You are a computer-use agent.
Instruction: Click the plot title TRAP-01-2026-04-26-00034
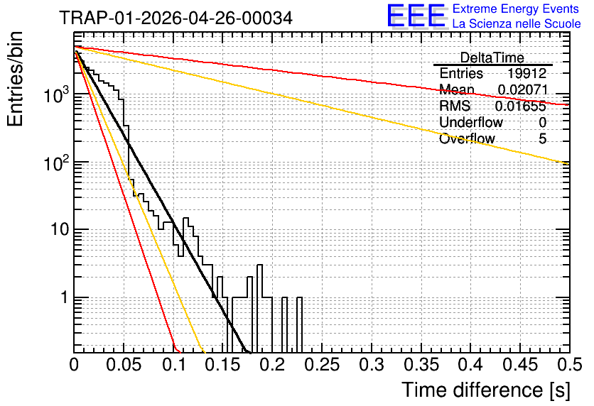click(175, 18)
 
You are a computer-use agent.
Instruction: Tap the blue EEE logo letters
click(416, 16)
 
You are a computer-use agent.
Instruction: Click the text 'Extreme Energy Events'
click(516, 9)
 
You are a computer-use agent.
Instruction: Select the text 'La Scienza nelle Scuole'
click(517, 24)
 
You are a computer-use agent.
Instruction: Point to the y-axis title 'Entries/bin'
click(15, 79)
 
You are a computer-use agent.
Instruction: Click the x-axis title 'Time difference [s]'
click(486, 390)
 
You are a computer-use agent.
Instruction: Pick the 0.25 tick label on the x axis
click(322, 365)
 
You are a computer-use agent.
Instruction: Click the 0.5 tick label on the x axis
click(570, 365)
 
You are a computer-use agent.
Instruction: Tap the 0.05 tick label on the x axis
click(124, 365)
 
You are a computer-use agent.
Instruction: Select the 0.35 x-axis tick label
click(421, 365)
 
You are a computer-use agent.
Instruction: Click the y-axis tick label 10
click(60, 229)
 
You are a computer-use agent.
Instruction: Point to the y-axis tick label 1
click(65, 297)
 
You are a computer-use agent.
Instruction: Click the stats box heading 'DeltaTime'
click(492, 57)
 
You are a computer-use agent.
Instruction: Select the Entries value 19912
click(527, 73)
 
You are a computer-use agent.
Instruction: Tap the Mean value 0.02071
click(523, 89)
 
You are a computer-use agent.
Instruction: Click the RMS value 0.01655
click(521, 106)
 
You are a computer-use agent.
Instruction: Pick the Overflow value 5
click(542, 139)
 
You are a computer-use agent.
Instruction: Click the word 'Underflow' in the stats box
click(471, 122)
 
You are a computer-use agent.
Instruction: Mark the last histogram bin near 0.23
click(299, 325)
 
